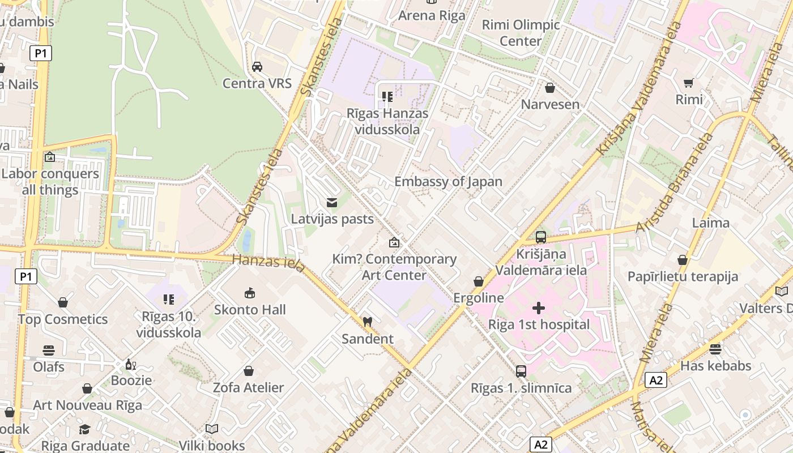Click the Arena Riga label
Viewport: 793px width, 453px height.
click(432, 15)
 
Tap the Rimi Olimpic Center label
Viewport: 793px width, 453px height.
click(521, 33)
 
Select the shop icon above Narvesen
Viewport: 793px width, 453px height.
click(549, 88)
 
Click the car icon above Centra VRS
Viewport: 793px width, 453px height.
click(257, 67)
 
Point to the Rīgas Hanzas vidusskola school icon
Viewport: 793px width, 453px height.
click(387, 97)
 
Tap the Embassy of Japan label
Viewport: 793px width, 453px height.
click(448, 182)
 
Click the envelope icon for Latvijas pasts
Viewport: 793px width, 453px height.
click(332, 202)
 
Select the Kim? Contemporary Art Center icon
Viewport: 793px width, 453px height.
click(394, 243)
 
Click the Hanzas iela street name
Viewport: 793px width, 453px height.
click(268, 262)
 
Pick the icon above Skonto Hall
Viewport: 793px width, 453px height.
click(250, 293)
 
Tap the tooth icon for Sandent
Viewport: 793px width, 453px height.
click(367, 322)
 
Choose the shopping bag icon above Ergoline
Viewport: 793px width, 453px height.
click(479, 281)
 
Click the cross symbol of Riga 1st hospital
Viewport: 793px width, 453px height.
click(539, 308)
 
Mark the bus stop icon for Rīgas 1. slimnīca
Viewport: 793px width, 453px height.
click(521, 371)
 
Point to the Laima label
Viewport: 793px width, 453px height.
click(710, 223)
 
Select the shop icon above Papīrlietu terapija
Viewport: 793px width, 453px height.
click(683, 260)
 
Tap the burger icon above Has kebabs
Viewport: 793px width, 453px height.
click(715, 349)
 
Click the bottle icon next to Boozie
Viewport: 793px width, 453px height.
click(131, 364)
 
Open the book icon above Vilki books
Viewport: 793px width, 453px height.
click(212, 429)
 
